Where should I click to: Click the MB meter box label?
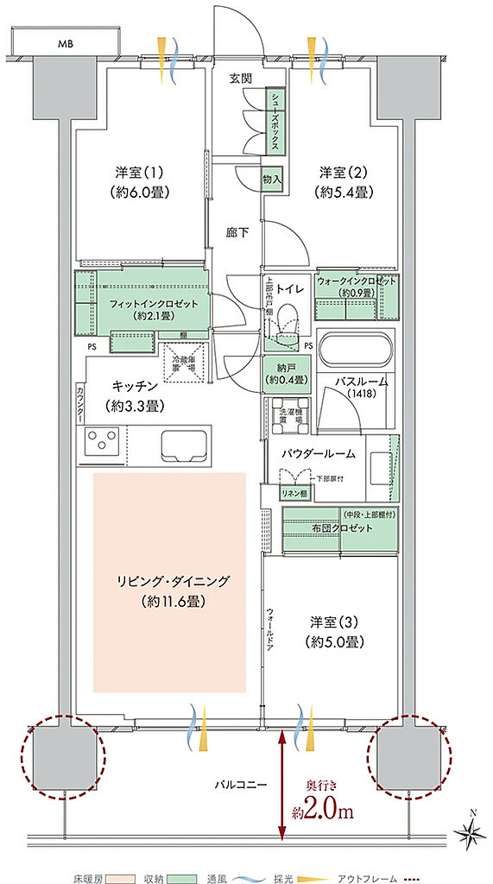pos(66,41)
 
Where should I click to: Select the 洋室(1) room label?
pos(138,173)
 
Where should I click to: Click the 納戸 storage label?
pos(282,375)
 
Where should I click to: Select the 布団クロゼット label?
pos(338,527)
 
